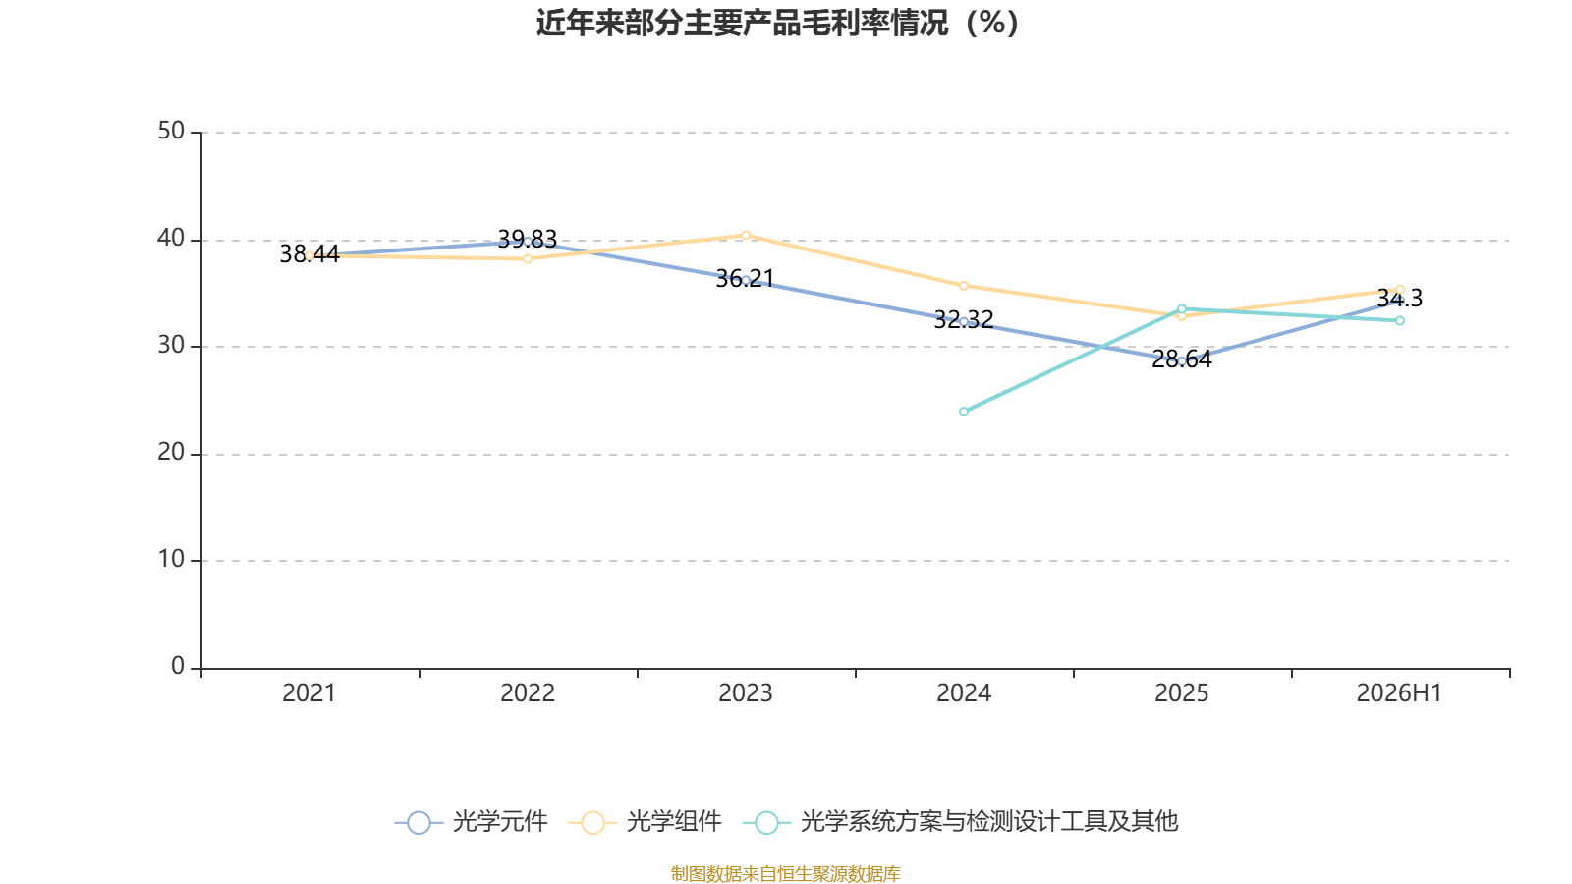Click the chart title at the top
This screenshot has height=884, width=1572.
click(777, 23)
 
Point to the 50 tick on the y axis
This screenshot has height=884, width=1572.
click(171, 131)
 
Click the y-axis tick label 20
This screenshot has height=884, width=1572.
click(171, 453)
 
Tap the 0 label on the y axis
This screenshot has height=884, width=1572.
click(178, 666)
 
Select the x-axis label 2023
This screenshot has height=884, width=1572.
click(746, 693)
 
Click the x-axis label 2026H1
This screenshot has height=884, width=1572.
click(1399, 693)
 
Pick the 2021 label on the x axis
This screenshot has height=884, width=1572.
click(309, 693)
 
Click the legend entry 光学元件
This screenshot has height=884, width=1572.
click(472, 821)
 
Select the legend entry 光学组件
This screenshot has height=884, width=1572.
click(646, 821)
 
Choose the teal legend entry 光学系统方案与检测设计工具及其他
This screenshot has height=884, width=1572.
click(960, 821)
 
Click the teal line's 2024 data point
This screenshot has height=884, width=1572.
click(964, 412)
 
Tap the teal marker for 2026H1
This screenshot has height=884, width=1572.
click(1399, 320)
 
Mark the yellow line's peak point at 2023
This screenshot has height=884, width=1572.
click(746, 236)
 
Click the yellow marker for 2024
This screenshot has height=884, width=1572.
click(964, 286)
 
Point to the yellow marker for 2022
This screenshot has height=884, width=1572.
click(528, 259)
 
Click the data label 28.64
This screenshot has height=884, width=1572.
click(1182, 359)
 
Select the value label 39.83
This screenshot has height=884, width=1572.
click(527, 240)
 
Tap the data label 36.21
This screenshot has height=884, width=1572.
click(746, 279)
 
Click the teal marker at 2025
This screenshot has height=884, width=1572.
click(1182, 308)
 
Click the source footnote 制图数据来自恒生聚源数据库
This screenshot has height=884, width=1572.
click(785, 873)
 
